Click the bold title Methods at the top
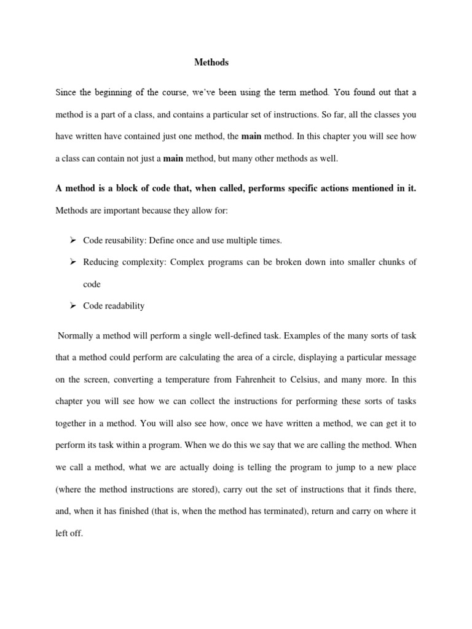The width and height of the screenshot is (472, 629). [x=211, y=62]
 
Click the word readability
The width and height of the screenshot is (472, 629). [x=125, y=306]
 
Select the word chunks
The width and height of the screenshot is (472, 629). [x=388, y=262]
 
